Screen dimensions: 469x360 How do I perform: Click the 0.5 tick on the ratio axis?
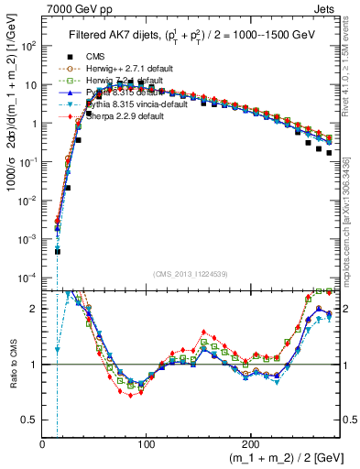click(x=30, y=420)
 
